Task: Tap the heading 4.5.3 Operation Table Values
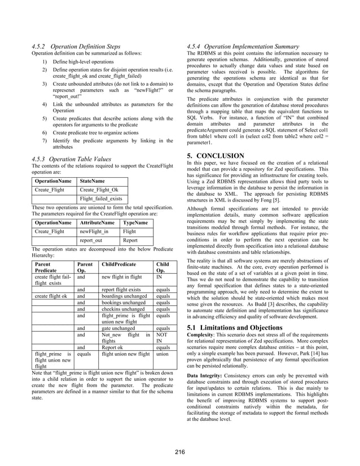point(71,159)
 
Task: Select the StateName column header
point(94,181)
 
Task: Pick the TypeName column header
point(135,223)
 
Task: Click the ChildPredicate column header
point(120,264)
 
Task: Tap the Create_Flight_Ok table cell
point(99,190)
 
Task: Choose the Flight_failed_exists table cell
point(102,199)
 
